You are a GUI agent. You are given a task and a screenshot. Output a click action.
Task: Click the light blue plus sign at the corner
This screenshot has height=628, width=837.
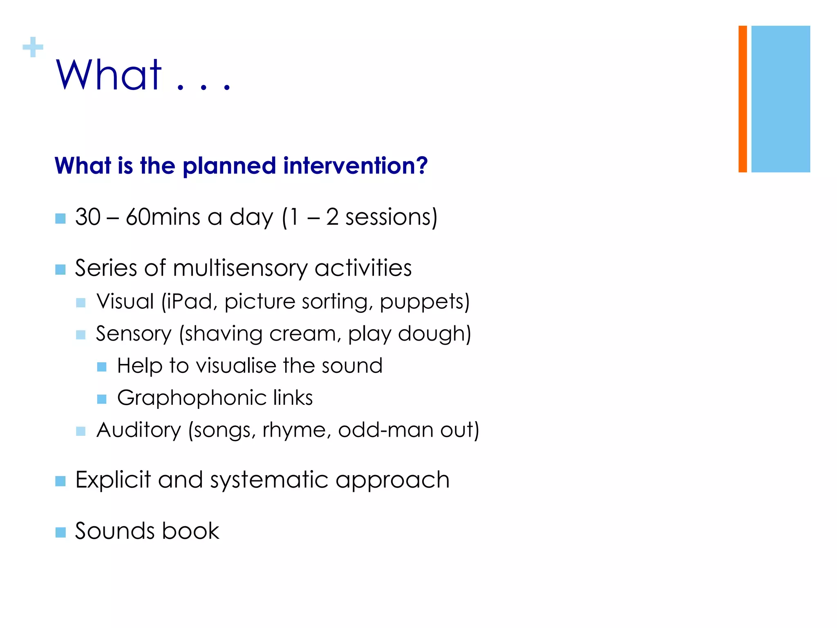[x=33, y=47]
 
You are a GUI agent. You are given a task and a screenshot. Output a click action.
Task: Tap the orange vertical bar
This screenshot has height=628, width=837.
[x=743, y=99]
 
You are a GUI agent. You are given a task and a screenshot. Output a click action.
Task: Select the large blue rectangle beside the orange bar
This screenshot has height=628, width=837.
[x=780, y=99]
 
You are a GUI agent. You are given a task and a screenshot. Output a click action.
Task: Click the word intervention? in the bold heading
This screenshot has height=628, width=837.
[x=355, y=166]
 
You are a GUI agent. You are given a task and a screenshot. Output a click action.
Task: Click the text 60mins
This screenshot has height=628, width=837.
[x=163, y=217]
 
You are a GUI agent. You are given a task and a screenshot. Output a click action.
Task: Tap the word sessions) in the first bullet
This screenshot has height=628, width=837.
[x=391, y=217]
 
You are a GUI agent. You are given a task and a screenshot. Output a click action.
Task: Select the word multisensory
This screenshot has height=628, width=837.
[x=240, y=269]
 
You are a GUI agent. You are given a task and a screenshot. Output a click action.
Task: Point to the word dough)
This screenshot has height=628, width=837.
[x=434, y=334]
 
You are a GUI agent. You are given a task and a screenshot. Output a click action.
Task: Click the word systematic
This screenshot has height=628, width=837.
[x=269, y=480]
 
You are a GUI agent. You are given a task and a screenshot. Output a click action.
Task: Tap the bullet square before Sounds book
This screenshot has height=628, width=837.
[x=60, y=532]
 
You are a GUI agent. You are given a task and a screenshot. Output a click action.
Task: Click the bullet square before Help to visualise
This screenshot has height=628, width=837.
[x=102, y=367]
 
